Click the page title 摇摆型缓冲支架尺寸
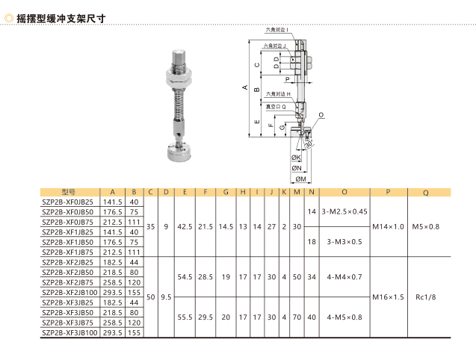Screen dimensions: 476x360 [61, 19]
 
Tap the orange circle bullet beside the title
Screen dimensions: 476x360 [9, 19]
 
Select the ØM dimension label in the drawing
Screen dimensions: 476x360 [301, 179]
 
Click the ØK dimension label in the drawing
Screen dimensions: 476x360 [296, 158]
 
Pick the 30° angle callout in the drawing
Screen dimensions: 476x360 [309, 143]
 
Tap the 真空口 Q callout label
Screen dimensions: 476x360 [276, 107]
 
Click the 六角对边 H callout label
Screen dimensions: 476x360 [278, 94]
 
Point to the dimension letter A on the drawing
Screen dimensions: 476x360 [245, 87]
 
